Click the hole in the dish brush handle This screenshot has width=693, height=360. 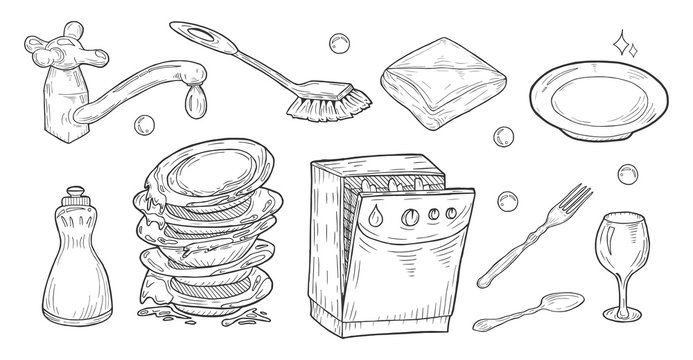[x=214, y=35]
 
